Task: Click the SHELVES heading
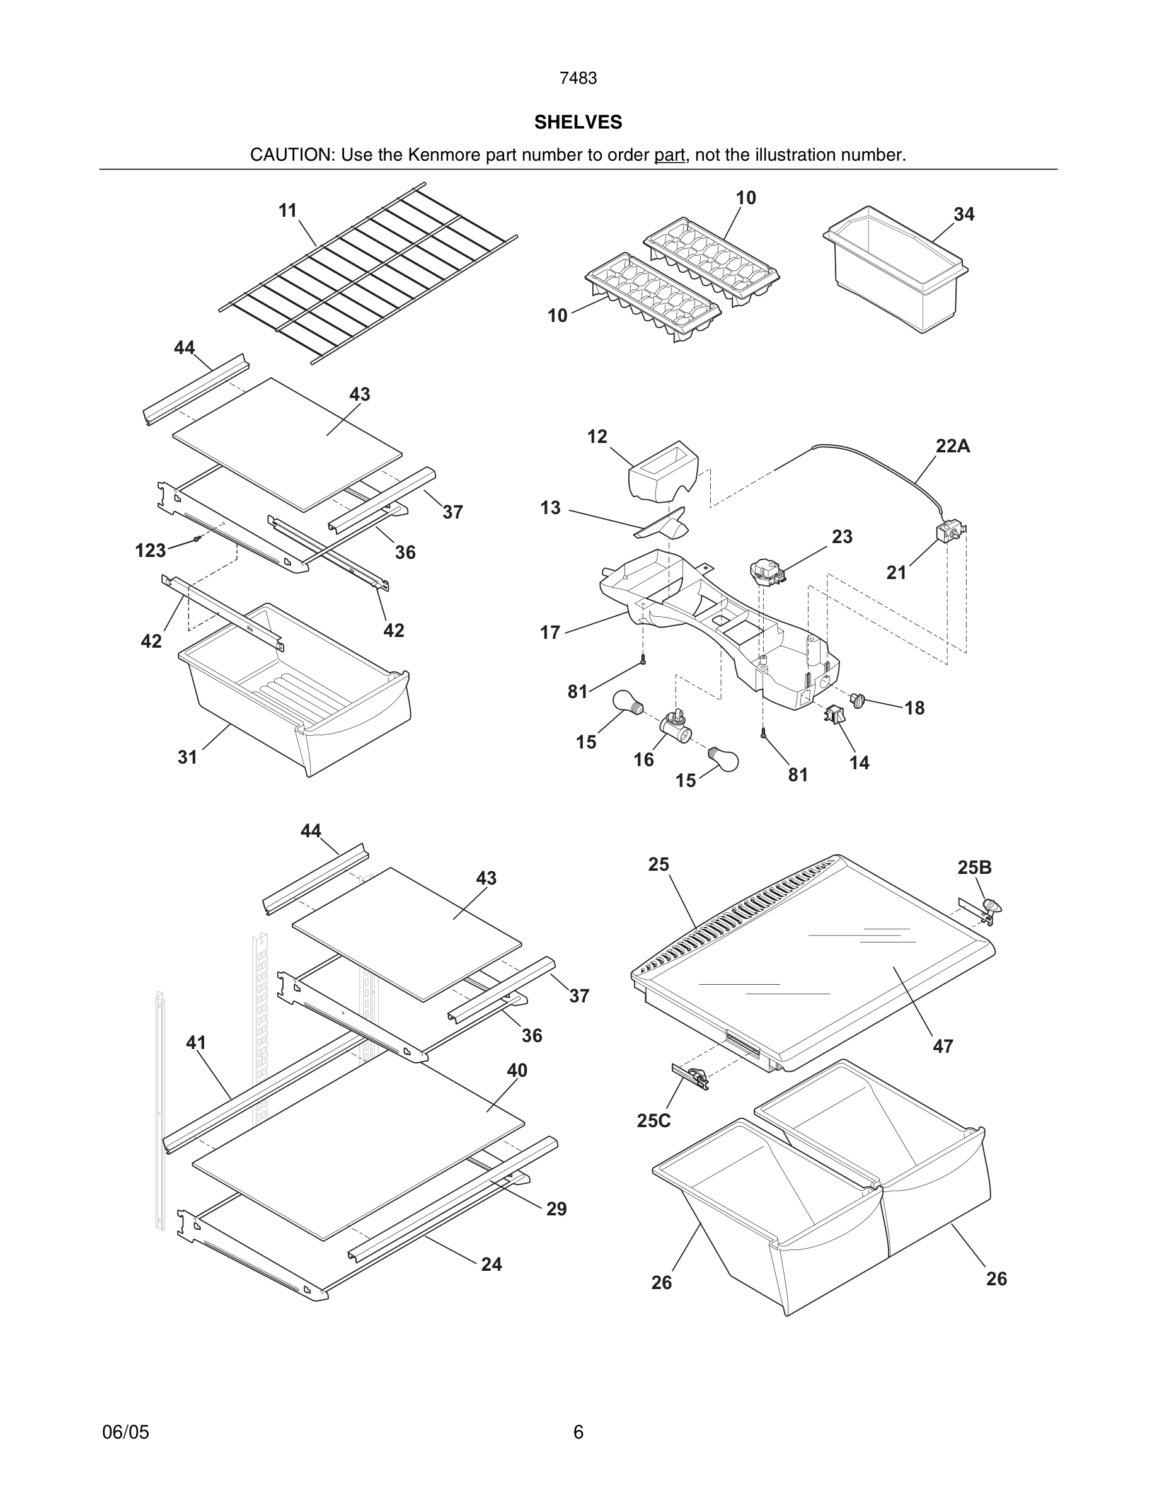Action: (578, 122)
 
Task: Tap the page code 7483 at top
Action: (578, 79)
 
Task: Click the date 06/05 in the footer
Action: (125, 1432)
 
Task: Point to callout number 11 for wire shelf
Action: (287, 210)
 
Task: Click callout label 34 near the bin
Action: (964, 215)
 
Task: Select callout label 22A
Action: (953, 446)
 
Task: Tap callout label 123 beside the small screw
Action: (150, 551)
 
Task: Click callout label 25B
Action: (974, 868)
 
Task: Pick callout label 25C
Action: (653, 1121)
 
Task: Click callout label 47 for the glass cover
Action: (943, 1047)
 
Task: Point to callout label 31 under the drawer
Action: (187, 757)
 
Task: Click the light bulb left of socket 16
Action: (627, 703)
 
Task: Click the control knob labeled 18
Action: (858, 701)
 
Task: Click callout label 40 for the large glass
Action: (517, 1070)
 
